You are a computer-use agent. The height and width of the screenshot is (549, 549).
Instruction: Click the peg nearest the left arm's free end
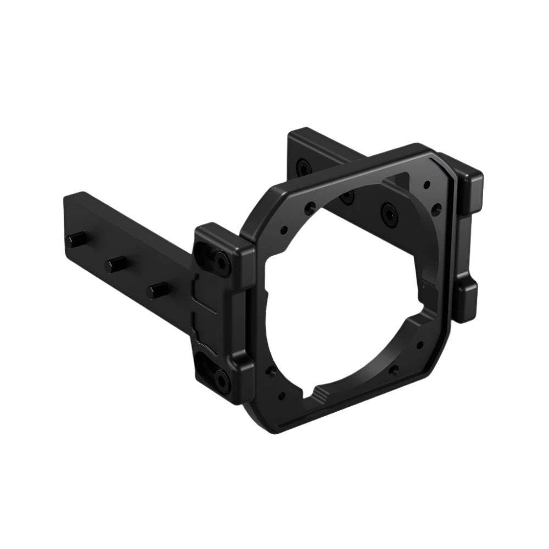pyautogui.click(x=76, y=239)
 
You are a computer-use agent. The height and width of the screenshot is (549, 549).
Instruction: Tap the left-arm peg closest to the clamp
pyautogui.click(x=157, y=289)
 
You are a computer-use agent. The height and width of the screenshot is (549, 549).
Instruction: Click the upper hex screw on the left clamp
pyautogui.click(x=222, y=261)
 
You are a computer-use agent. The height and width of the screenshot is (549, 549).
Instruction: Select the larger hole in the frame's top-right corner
pyautogui.click(x=437, y=209)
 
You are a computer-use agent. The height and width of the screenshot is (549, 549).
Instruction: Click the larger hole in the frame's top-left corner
pyautogui.click(x=310, y=208)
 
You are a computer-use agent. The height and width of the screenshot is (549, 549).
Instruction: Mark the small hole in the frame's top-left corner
pyautogui.click(x=284, y=231)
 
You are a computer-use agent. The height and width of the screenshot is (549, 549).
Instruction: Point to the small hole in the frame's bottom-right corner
pyautogui.click(x=419, y=346)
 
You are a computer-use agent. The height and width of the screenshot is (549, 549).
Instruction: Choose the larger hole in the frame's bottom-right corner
pyautogui.click(x=393, y=369)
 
